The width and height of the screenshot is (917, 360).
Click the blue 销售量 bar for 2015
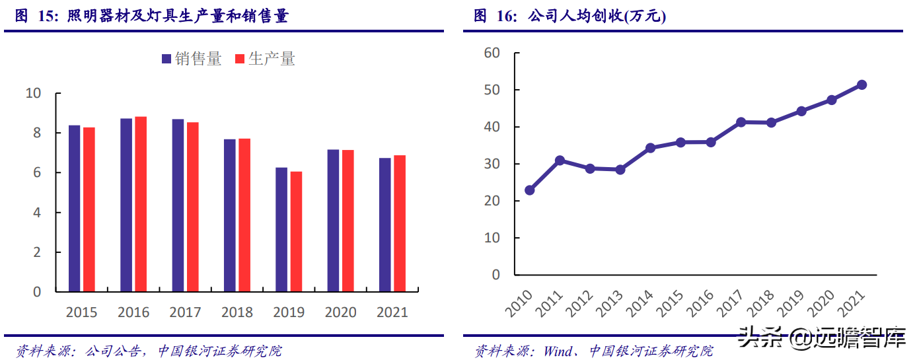(x=74, y=208)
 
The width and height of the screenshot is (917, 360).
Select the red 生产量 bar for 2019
(x=296, y=231)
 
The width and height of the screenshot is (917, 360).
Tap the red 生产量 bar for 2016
(x=141, y=204)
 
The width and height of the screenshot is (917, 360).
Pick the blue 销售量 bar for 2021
(x=385, y=225)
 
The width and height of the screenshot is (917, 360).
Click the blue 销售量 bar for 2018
(x=229, y=215)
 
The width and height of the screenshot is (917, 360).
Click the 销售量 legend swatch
(x=166, y=59)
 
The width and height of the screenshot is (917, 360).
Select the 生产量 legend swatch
(x=240, y=59)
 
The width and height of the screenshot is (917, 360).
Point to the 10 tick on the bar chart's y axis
(x=33, y=93)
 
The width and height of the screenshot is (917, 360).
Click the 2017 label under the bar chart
(x=185, y=312)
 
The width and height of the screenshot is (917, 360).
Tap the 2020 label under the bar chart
(x=340, y=312)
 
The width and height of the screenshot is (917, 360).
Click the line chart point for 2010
(x=529, y=190)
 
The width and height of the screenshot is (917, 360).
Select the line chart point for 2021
(x=862, y=85)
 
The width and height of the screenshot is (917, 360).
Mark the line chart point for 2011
(x=560, y=161)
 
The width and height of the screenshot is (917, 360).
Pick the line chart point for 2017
(x=741, y=122)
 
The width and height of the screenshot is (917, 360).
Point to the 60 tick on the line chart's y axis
(x=492, y=53)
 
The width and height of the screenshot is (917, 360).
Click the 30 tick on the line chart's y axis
(x=492, y=164)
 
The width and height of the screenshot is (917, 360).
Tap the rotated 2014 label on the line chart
(x=639, y=300)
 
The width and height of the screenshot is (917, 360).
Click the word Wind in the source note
(x=558, y=351)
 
